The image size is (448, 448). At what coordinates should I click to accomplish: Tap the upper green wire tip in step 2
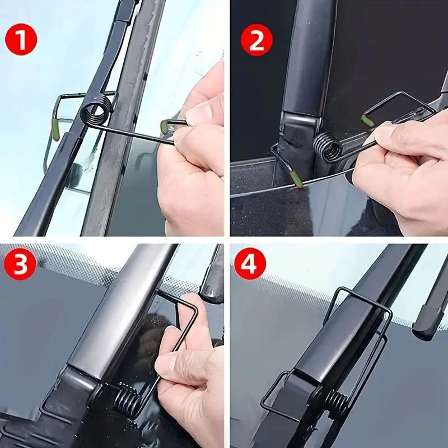(x=368, y=120)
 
